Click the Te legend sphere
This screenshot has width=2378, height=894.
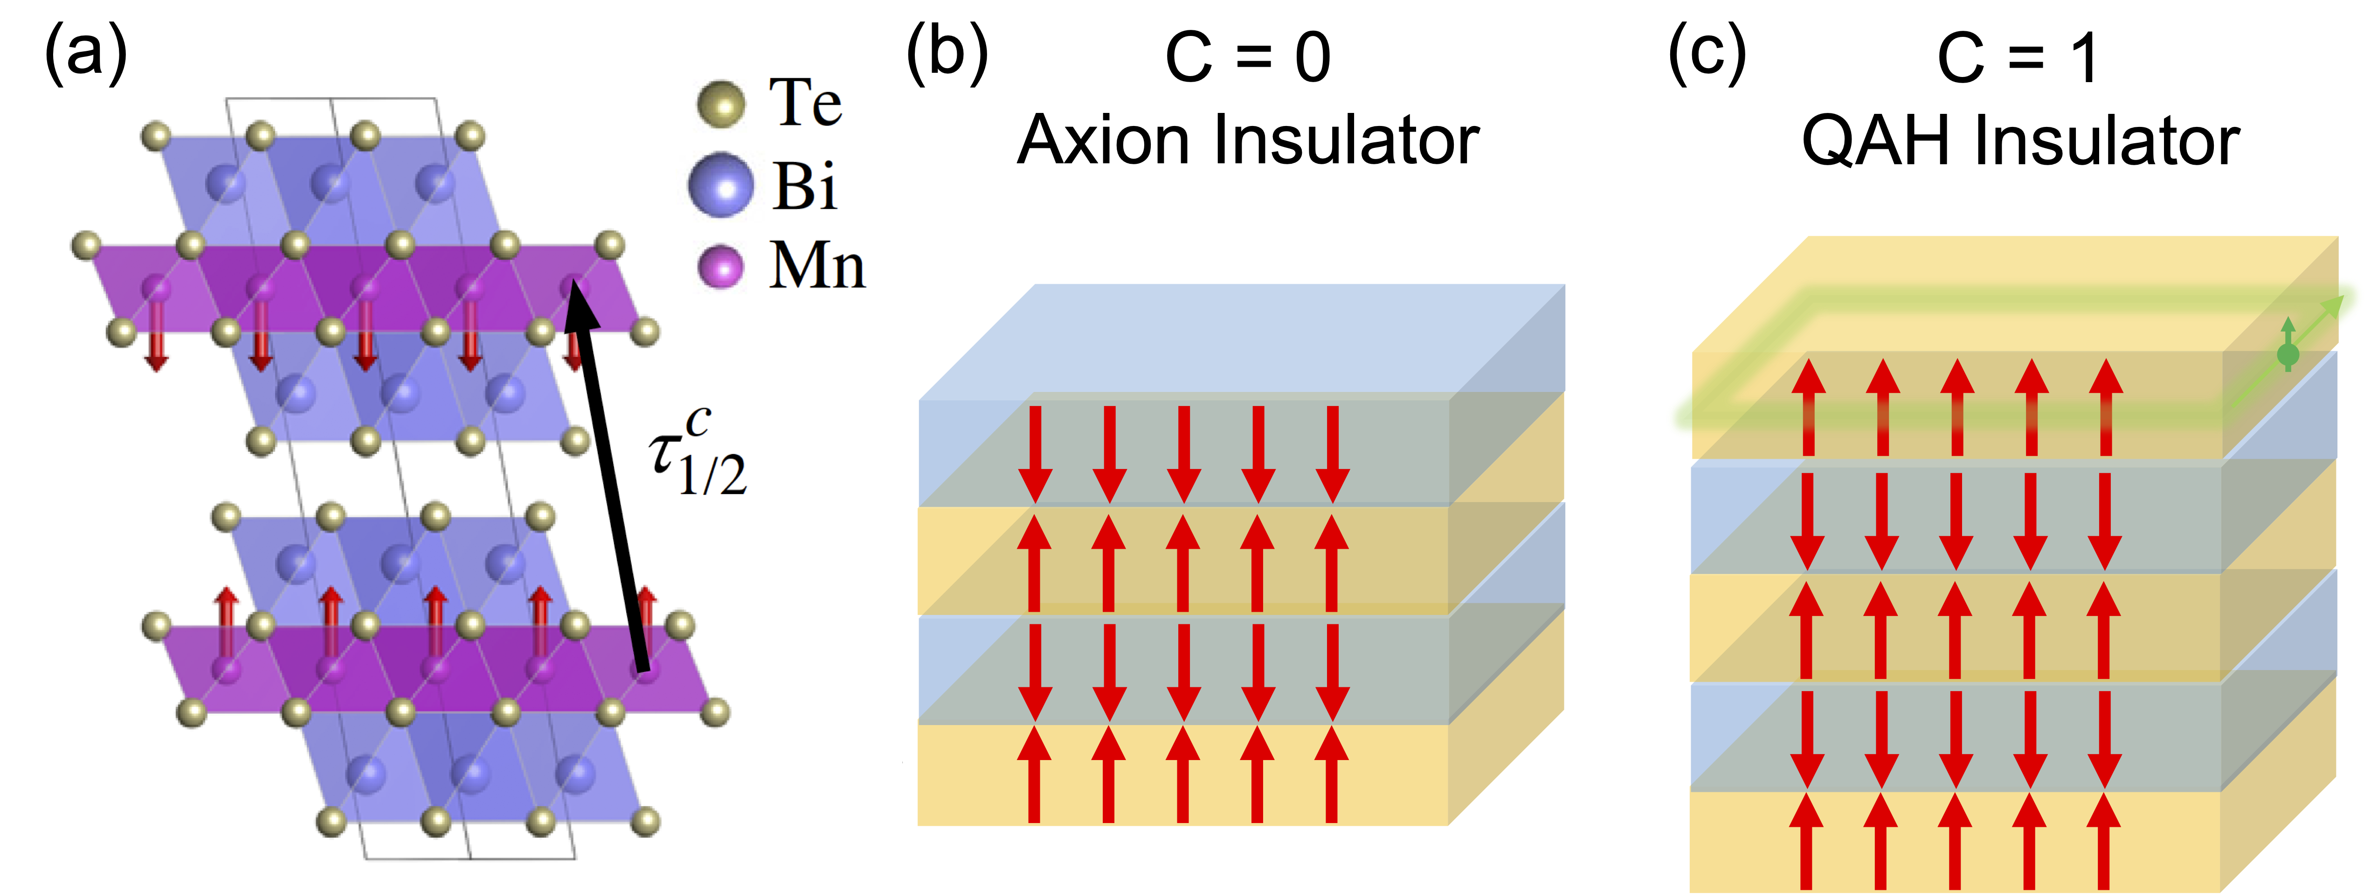tap(720, 104)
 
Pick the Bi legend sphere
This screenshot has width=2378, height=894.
tap(720, 185)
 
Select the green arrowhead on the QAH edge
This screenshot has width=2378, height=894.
tap(2336, 305)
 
